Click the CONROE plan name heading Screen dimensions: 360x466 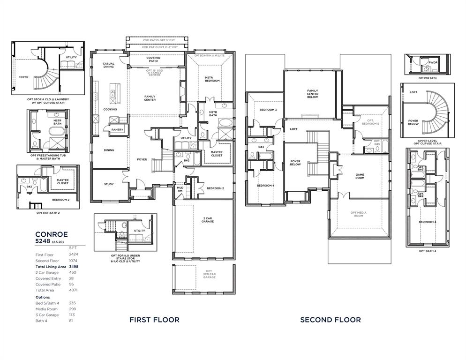52,234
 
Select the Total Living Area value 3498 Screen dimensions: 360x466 73,266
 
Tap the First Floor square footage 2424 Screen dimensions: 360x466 73,255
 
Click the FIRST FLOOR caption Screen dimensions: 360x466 154,320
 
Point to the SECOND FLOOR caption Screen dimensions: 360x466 331,320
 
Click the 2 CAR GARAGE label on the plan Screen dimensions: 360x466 209,220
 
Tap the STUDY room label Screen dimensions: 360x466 108,184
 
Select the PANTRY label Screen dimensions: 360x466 117,129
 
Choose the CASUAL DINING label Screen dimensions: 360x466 108,65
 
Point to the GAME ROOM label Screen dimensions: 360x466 360,176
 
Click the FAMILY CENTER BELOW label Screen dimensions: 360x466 313,94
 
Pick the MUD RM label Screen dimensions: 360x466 180,189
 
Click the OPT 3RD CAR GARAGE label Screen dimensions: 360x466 209,274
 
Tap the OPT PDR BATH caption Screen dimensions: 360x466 427,78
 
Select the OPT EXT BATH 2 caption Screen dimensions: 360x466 48,212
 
